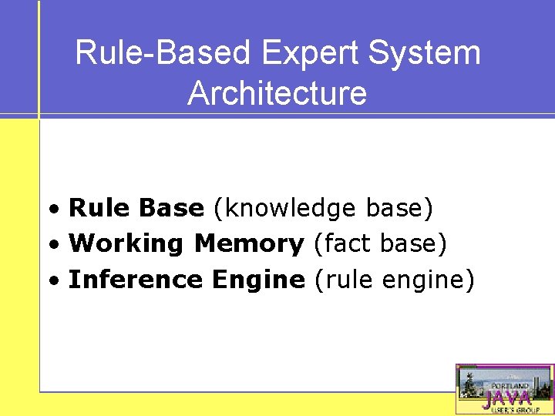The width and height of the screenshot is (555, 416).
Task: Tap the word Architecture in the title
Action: click(277, 93)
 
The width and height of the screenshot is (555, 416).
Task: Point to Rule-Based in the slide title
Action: click(163, 54)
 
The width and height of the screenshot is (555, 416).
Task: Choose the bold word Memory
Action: click(249, 244)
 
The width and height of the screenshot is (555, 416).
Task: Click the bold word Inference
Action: click(135, 280)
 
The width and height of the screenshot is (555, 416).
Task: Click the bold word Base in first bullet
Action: click(172, 208)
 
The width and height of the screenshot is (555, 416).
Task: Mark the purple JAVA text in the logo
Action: click(506, 398)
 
